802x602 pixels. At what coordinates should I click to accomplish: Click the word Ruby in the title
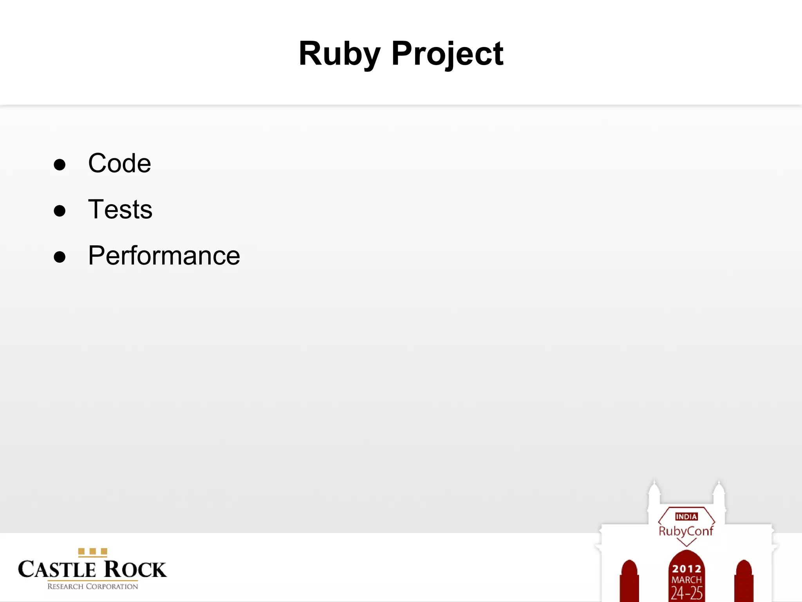pos(339,54)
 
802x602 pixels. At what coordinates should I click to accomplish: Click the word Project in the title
pos(447,54)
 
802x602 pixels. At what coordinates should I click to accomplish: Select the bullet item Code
pos(119,163)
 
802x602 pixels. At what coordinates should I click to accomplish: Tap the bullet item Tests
pos(120,209)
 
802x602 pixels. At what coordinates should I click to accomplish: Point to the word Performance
pos(164,256)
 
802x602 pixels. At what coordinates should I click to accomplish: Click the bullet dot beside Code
pos(60,165)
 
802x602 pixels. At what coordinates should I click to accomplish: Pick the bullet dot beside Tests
pos(60,211)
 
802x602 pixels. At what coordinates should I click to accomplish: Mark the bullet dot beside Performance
pos(60,257)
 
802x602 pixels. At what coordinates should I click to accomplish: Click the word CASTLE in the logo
pos(57,569)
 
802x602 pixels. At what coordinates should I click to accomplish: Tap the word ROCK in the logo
pos(135,569)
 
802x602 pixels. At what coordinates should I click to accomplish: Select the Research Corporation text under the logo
pos(93,587)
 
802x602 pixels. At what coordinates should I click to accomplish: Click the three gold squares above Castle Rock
pos(93,552)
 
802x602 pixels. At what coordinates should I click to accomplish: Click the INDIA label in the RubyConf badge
pos(686,517)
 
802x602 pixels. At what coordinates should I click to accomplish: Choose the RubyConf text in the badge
pos(686,531)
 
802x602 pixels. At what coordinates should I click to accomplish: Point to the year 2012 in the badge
pos(686,568)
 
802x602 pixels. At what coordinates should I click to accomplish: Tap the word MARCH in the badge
pos(686,580)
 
